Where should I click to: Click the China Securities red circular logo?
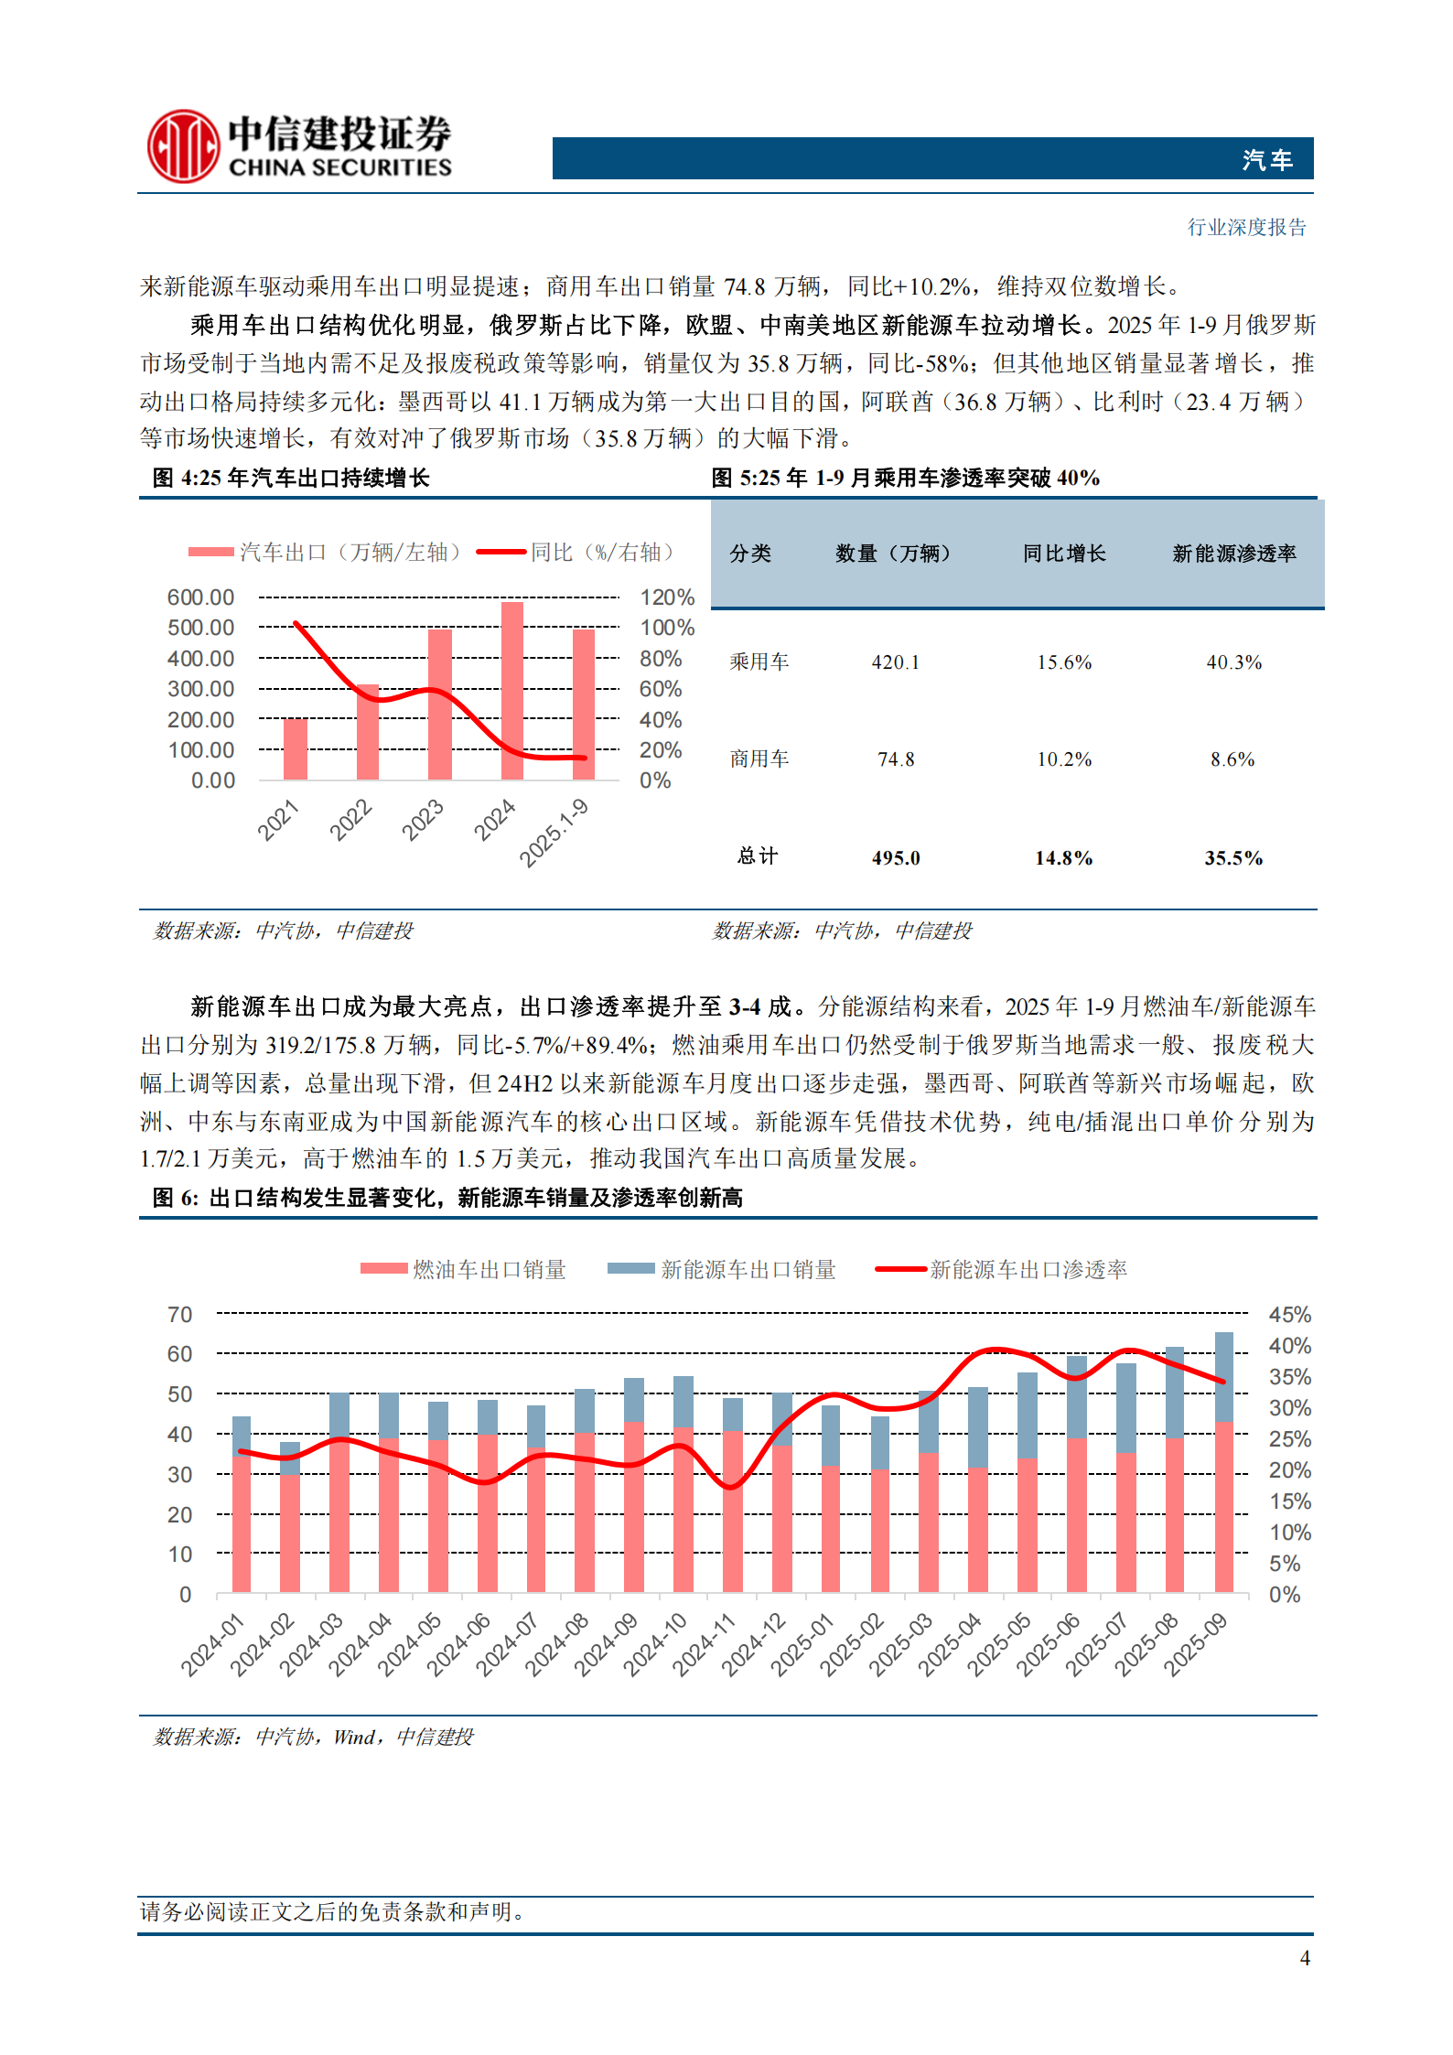tap(184, 146)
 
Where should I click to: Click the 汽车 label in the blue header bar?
tap(1267, 160)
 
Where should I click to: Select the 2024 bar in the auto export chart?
tap(512, 691)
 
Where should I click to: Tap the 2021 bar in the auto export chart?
tap(296, 749)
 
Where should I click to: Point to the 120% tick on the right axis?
tap(667, 597)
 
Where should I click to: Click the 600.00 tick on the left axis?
tap(200, 597)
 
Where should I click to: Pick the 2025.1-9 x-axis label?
tap(554, 833)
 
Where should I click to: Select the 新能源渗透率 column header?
tap(1233, 554)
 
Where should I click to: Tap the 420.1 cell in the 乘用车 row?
tap(895, 662)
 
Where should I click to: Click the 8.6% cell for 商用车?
tap(1232, 759)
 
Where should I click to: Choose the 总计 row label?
tap(758, 856)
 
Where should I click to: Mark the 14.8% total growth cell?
tap(1063, 858)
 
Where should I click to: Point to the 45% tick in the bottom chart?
tap(1289, 1315)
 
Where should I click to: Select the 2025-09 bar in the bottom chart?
tap(1223, 1464)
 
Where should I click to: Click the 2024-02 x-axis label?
tap(263, 1644)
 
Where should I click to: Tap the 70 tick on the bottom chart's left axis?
tap(180, 1315)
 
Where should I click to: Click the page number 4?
tap(1305, 1958)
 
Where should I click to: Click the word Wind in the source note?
tap(354, 1737)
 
